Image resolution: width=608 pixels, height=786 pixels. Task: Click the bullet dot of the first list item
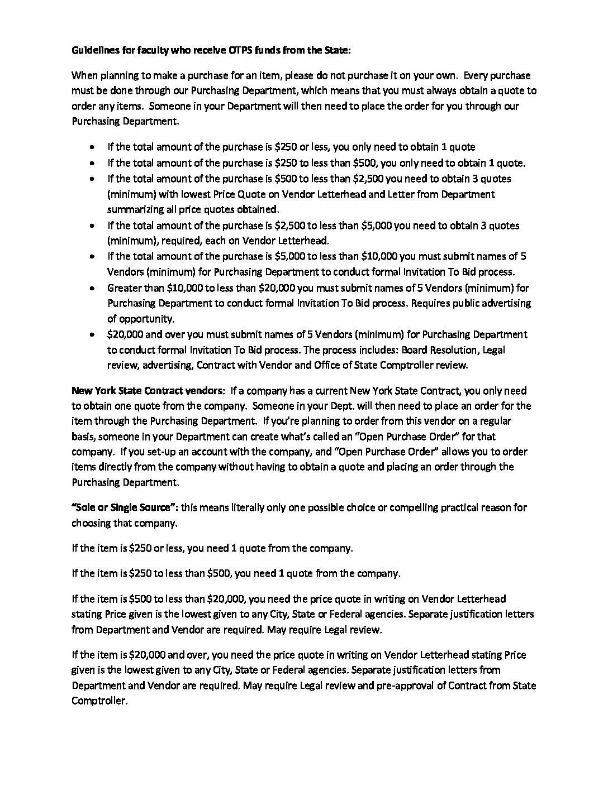click(91, 147)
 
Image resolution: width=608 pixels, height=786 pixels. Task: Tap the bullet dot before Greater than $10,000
click(91, 289)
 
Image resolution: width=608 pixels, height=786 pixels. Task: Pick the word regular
click(495, 421)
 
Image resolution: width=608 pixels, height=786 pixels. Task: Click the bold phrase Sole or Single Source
click(125, 507)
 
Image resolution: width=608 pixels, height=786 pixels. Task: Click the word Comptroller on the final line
click(99, 700)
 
